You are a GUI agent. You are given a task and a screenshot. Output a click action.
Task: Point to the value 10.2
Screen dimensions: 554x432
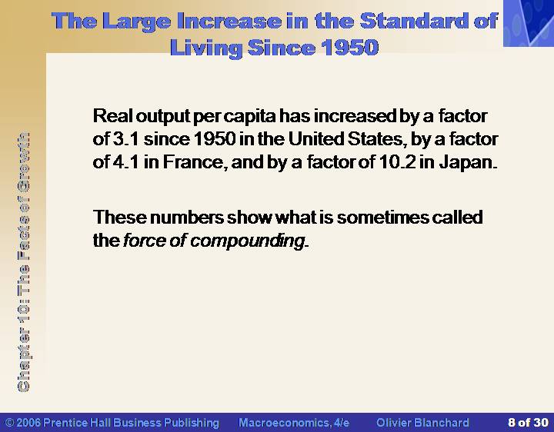(x=398, y=162)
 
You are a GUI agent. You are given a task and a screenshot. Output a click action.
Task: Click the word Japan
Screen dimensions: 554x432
(x=468, y=163)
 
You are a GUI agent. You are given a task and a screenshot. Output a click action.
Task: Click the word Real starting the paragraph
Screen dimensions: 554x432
(x=112, y=116)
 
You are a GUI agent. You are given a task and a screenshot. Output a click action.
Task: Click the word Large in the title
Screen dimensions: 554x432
(x=138, y=22)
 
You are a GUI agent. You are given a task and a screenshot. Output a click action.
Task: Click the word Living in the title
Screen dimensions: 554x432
(x=206, y=48)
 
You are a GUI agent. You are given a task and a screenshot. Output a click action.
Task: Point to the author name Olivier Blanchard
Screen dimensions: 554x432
(x=422, y=423)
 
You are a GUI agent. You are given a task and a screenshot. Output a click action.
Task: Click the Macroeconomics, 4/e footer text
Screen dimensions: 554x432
(x=294, y=423)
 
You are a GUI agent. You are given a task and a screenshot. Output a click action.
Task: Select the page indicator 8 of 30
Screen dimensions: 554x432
(x=528, y=423)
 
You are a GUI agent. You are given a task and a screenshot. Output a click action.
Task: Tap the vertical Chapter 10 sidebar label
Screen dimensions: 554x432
(x=24, y=262)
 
